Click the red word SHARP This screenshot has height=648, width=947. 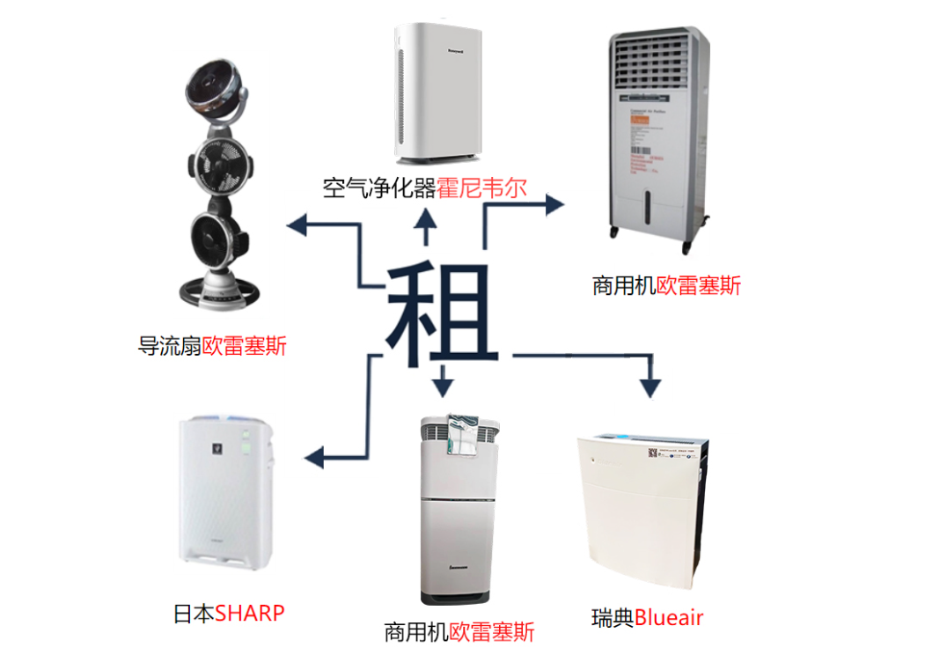coord(250,613)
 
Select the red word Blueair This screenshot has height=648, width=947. coord(669,617)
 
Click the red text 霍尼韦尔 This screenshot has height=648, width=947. coord(488,187)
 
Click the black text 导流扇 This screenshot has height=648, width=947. coord(170,345)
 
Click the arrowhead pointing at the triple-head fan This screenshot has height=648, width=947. coord(297,225)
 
